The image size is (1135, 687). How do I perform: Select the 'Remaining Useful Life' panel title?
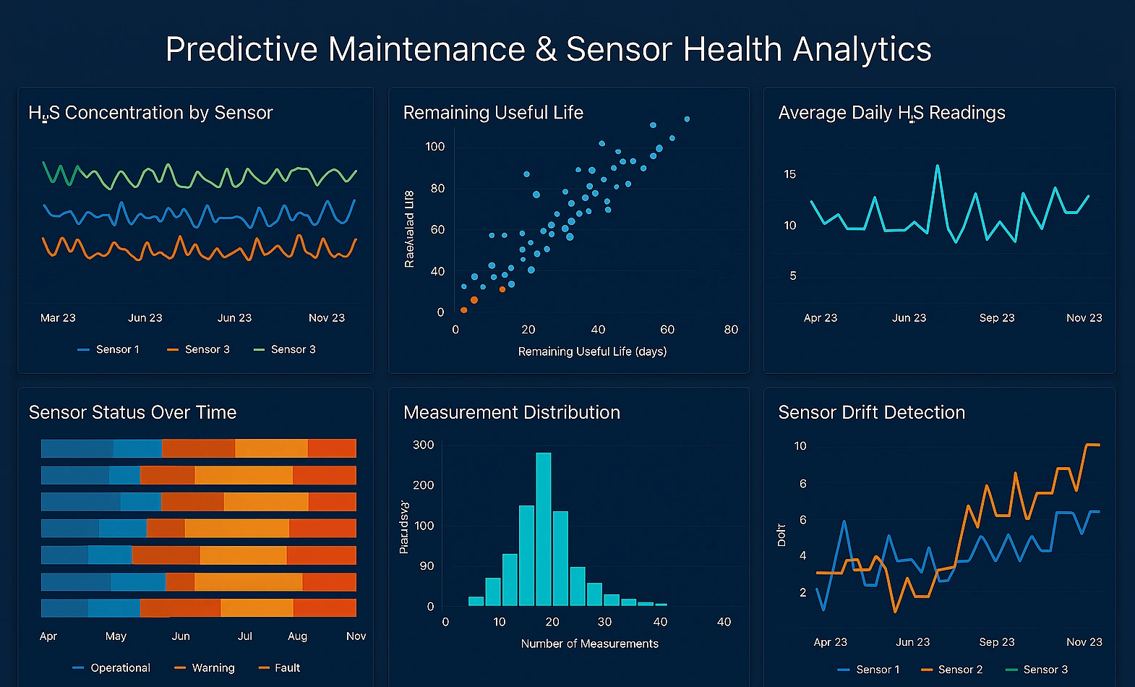pyautogui.click(x=493, y=113)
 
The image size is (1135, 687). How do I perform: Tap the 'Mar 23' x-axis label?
pyautogui.click(x=58, y=318)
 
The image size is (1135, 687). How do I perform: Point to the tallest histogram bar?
pyautogui.click(x=544, y=528)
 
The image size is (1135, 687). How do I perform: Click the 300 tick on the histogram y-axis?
pyautogui.click(x=423, y=445)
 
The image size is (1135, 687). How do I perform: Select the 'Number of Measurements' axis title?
pyautogui.click(x=589, y=644)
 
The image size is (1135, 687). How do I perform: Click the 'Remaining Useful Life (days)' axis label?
pyautogui.click(x=592, y=351)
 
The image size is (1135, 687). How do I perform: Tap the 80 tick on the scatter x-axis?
pyautogui.click(x=731, y=330)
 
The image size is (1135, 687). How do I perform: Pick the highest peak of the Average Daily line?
pyautogui.click(x=938, y=166)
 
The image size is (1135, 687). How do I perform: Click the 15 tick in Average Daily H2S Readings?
pyautogui.click(x=789, y=174)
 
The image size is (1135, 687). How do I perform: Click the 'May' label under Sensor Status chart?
pyautogui.click(x=116, y=636)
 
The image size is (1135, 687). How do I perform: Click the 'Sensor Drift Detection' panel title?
pyautogui.click(x=871, y=413)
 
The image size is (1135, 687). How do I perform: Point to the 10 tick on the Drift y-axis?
pyautogui.click(x=800, y=446)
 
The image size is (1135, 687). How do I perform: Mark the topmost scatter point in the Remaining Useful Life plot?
pyautogui.click(x=687, y=119)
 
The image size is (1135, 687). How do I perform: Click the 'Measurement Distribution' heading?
pyautogui.click(x=511, y=413)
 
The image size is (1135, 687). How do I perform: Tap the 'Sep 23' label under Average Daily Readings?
pyautogui.click(x=996, y=318)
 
